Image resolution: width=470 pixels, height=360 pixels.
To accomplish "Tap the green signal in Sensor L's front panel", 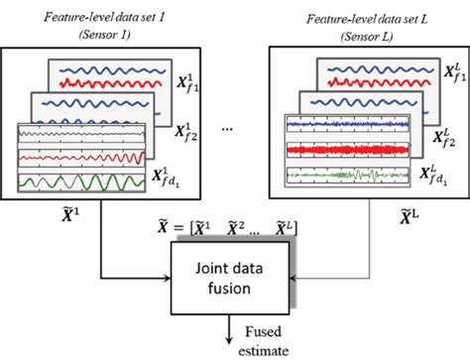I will [x=343, y=175].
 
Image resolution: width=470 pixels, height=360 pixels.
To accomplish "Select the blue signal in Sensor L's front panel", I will [x=343, y=126].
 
